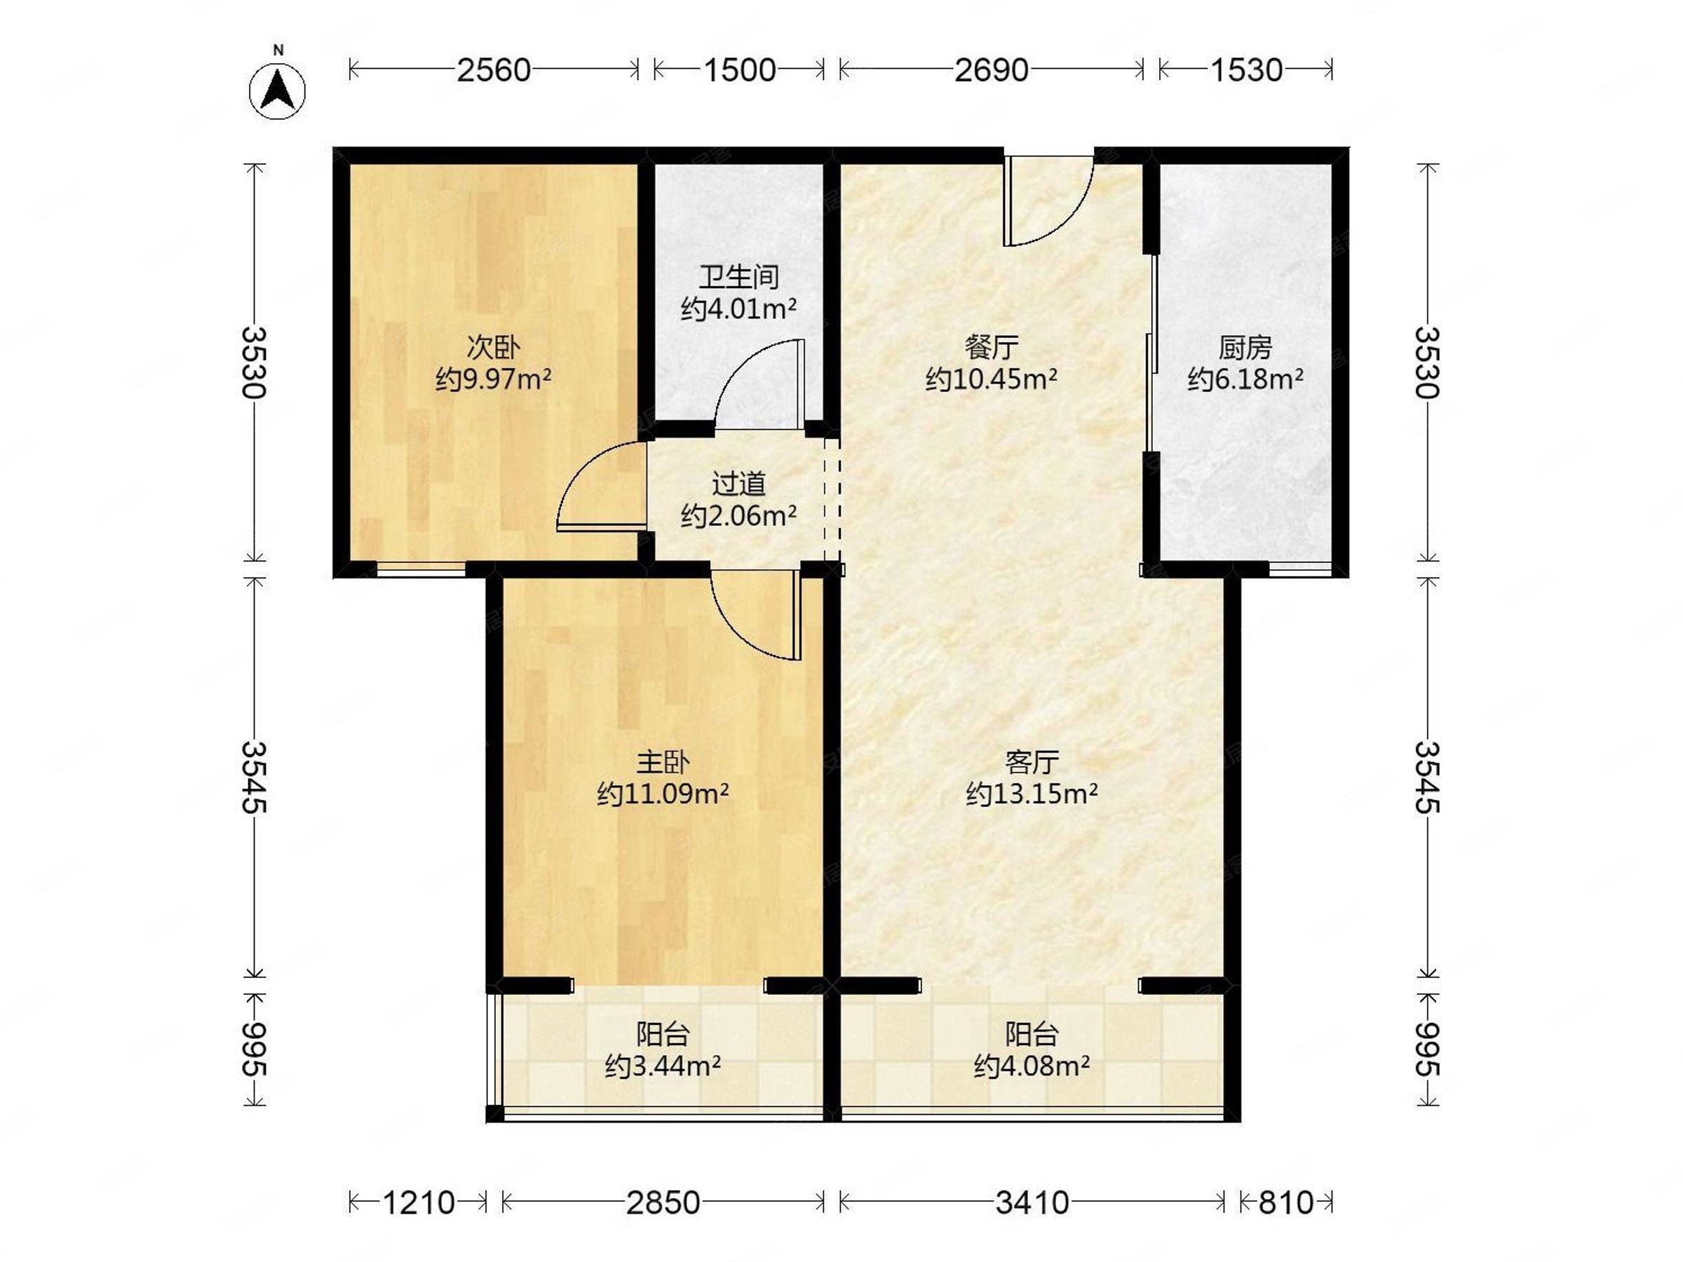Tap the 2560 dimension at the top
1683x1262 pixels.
pyautogui.click(x=493, y=70)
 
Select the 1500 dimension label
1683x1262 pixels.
pyautogui.click(x=740, y=70)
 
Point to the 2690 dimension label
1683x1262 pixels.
pyautogui.click(x=992, y=70)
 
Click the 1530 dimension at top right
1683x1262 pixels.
pyautogui.click(x=1246, y=70)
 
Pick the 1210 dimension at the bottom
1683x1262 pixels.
pyautogui.click(x=418, y=1202)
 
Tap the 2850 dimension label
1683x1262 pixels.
pyautogui.click(x=663, y=1202)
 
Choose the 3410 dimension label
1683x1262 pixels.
pyautogui.click(x=1032, y=1202)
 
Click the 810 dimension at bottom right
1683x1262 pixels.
pyautogui.click(x=1286, y=1202)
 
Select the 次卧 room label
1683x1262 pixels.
pyautogui.click(x=493, y=348)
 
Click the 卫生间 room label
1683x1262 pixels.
pyautogui.click(x=739, y=278)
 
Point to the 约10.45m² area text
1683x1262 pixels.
pyautogui.click(x=992, y=379)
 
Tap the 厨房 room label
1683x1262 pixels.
pyautogui.click(x=1245, y=348)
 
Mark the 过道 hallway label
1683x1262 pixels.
pyautogui.click(x=739, y=484)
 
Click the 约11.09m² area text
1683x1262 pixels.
pyautogui.click(x=663, y=794)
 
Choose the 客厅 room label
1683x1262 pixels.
pyautogui.click(x=1032, y=762)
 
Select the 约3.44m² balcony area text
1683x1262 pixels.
pyautogui.click(x=663, y=1067)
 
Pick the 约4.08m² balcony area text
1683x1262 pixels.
pyautogui.click(x=1032, y=1067)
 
